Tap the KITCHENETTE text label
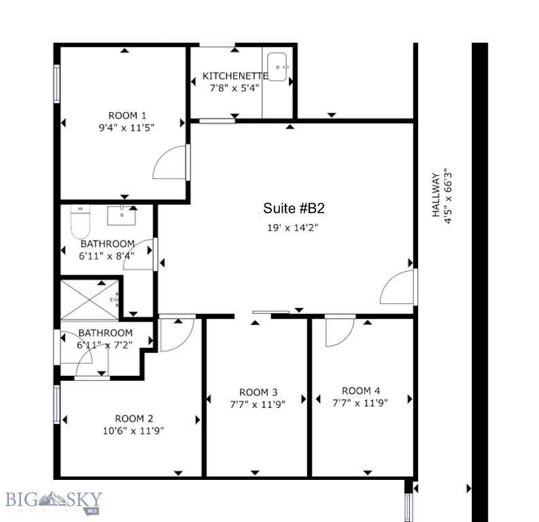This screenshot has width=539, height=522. pos(235,76)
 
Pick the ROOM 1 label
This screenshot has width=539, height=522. pos(127,116)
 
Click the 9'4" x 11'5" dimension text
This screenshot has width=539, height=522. pos(127,127)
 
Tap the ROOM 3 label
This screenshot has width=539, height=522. pos(258,392)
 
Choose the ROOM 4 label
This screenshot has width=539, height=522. pos(361,391)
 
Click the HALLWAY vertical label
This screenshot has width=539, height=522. pos(436,194)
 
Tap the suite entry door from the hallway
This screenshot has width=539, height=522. pos(398,288)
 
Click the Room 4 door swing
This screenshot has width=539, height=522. pos(339,331)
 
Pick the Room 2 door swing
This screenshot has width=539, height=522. pos(177,333)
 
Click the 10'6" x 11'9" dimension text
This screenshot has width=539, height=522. pos(134,430)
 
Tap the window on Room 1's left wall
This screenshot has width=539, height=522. pos(57,84)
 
